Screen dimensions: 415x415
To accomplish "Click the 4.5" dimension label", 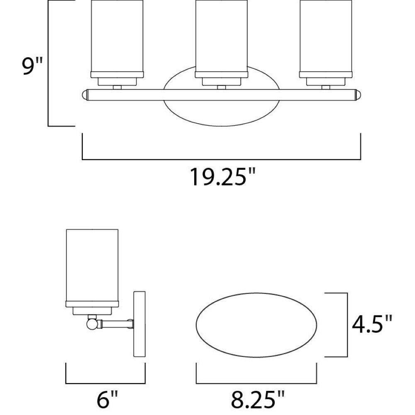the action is tap(371, 324).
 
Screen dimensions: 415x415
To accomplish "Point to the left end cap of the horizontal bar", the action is tap(85, 95).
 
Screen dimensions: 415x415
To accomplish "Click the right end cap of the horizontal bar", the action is tap(358, 95).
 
